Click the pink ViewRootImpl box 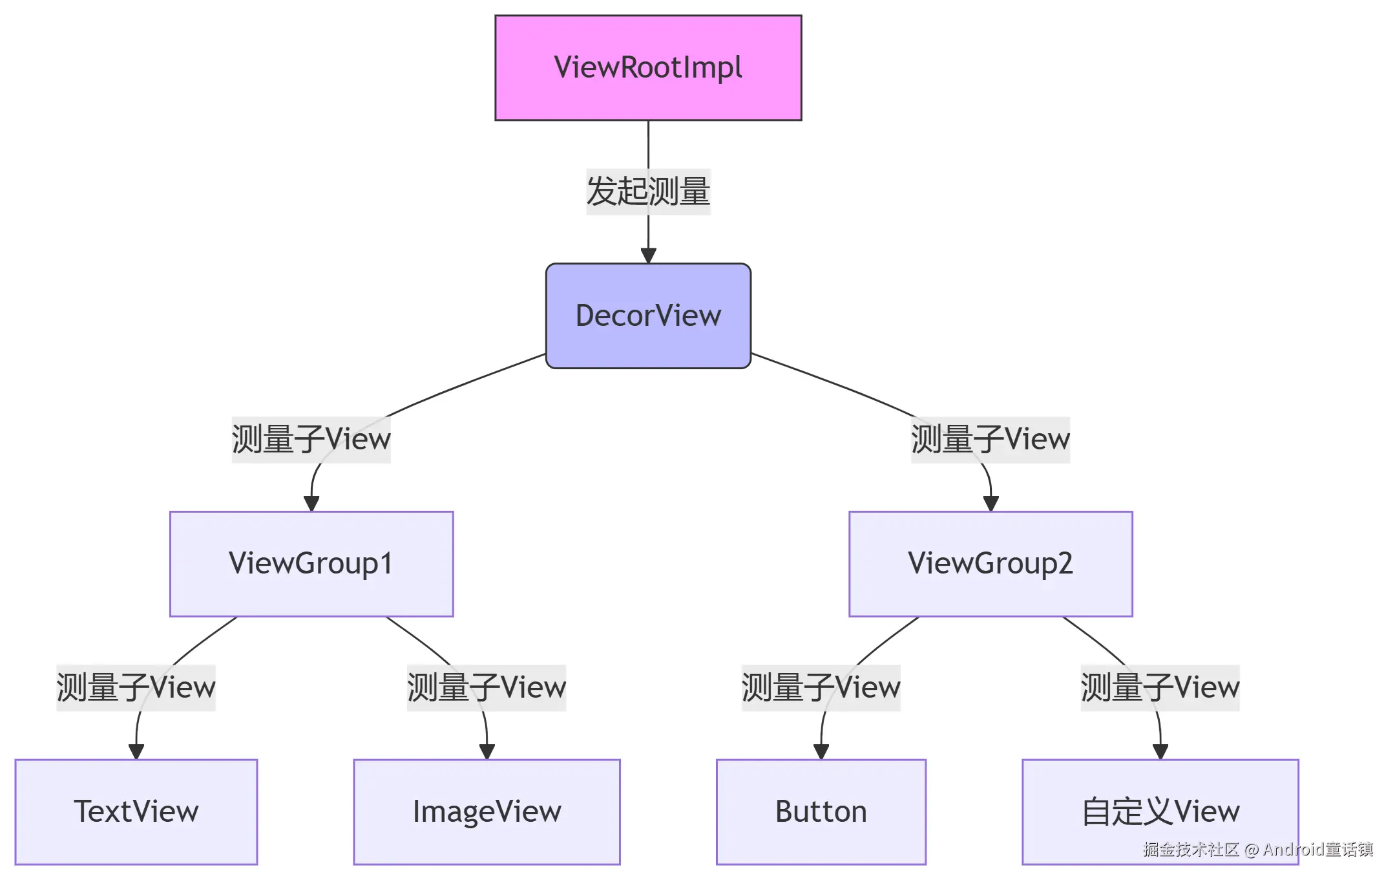coord(648,68)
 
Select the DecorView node coord(648,316)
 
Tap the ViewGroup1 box coord(311,564)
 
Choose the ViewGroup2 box coord(991,564)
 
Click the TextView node coord(136,811)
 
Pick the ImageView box coord(487,811)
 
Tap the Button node coord(821,811)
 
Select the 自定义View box coord(1160,811)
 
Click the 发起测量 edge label coord(648,191)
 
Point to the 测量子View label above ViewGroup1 coord(311,440)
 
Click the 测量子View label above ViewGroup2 coord(990,440)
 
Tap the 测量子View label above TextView coord(136,687)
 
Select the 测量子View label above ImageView coord(486,687)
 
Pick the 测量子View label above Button coord(821,687)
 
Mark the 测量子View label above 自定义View coord(1160,687)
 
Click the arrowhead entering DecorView coord(648,255)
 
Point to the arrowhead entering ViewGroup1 coord(311,504)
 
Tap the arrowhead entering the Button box coord(821,751)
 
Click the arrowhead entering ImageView coord(487,751)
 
